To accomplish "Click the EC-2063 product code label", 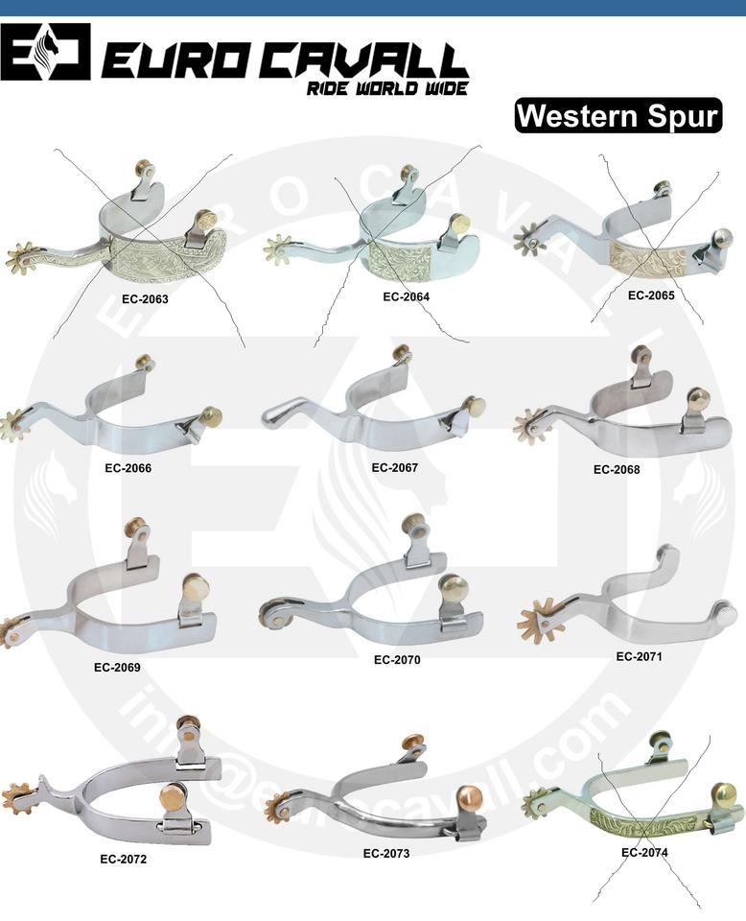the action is coord(145,298).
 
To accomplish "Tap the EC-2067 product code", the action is coord(395,468).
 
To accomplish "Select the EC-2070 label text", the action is coord(397,660).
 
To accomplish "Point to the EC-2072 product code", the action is coord(124,859).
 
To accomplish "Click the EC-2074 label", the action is coord(644,852).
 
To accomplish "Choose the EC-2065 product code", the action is coord(651,295).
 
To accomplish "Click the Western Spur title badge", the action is coord(618,116).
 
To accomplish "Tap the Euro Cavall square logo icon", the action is coord(45,53).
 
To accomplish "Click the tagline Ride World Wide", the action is coord(386,89).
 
